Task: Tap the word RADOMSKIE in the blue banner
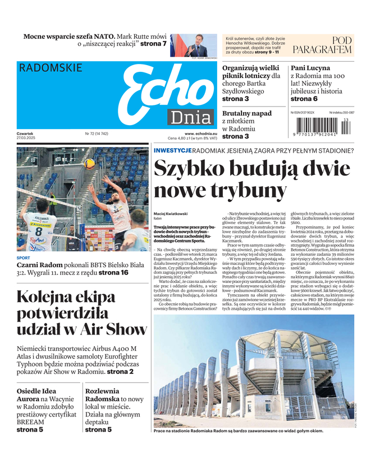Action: click(x=51, y=68)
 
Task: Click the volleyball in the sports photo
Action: click(x=89, y=164)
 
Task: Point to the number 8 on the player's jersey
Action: click(x=39, y=231)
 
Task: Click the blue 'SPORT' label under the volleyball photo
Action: click(x=24, y=258)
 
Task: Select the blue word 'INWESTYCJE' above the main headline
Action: click(x=173, y=150)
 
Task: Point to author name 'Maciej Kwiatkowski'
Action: click(x=171, y=213)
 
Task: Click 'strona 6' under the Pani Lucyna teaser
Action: click(x=304, y=99)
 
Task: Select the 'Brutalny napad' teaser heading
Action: click(x=247, y=113)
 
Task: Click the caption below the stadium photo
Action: click(x=238, y=431)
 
